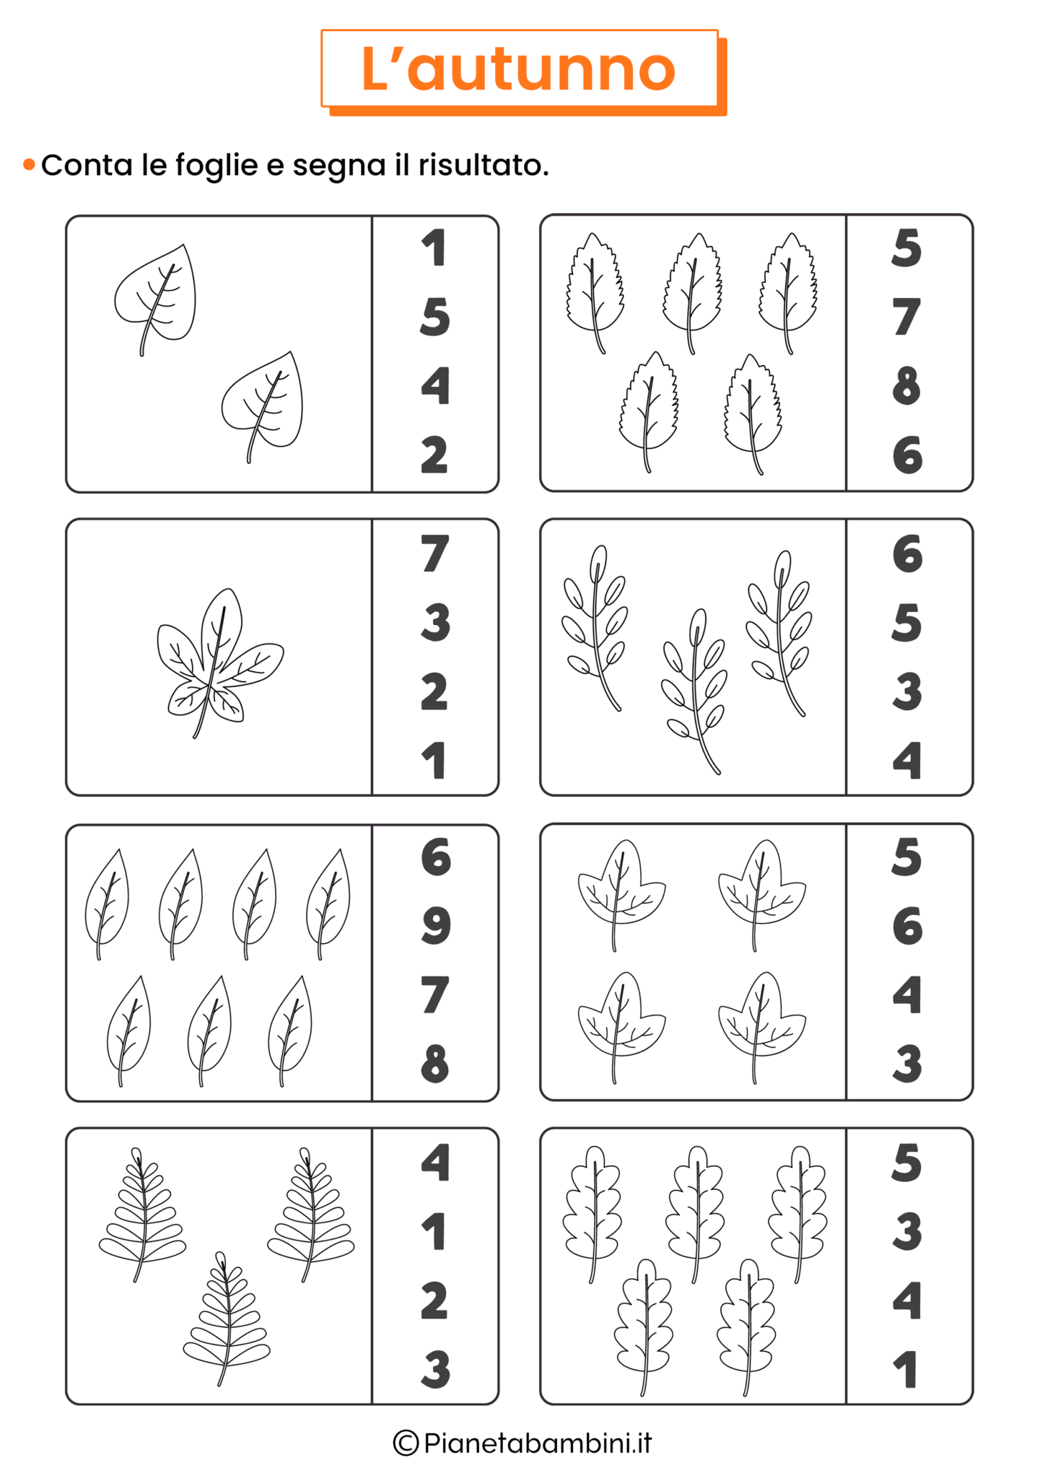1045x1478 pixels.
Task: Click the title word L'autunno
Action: [518, 69]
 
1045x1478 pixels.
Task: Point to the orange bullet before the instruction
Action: [29, 165]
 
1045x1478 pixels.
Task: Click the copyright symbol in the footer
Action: [406, 1443]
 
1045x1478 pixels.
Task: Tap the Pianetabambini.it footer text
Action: [538, 1443]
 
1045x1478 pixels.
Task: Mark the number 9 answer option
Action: [436, 926]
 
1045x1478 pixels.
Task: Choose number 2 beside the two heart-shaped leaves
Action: [434, 455]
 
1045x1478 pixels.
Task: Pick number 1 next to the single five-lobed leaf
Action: [434, 761]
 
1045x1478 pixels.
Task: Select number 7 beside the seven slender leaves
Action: [434, 995]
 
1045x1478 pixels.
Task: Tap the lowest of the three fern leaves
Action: [227, 1319]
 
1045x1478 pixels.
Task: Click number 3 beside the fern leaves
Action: [435, 1370]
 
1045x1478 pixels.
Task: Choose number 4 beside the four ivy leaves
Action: [907, 994]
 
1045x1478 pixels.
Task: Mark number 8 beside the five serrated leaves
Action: [906, 385]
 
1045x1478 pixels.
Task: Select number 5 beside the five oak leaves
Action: [906, 1163]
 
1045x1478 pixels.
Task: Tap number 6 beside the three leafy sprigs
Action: [907, 554]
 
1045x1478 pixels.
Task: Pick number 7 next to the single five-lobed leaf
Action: [434, 554]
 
